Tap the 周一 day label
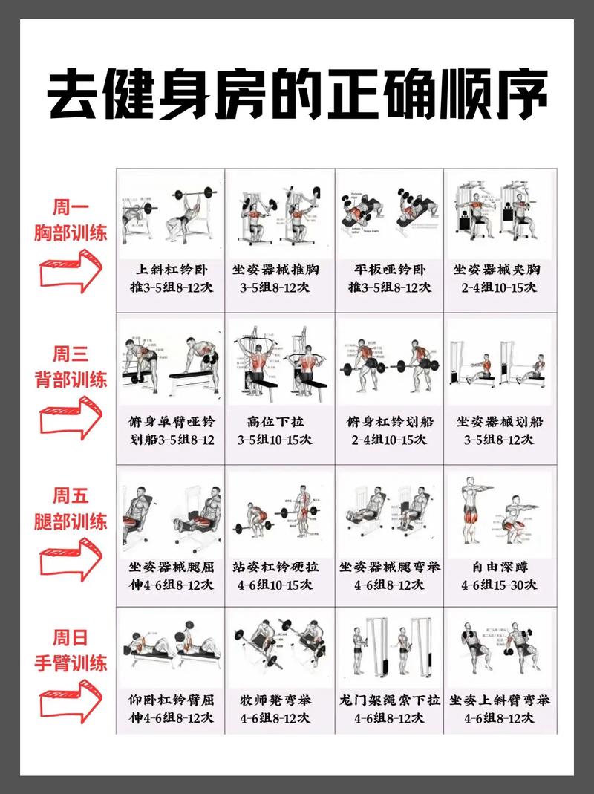point(71,208)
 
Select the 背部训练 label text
point(71,380)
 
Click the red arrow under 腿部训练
point(70,559)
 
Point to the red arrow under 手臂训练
point(70,700)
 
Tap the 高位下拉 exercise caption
point(280,430)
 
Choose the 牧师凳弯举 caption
point(280,709)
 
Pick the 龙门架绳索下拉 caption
point(389,709)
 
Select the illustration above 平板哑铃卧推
point(389,213)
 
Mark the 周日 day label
point(71,637)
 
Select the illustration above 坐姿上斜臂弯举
point(499,645)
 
